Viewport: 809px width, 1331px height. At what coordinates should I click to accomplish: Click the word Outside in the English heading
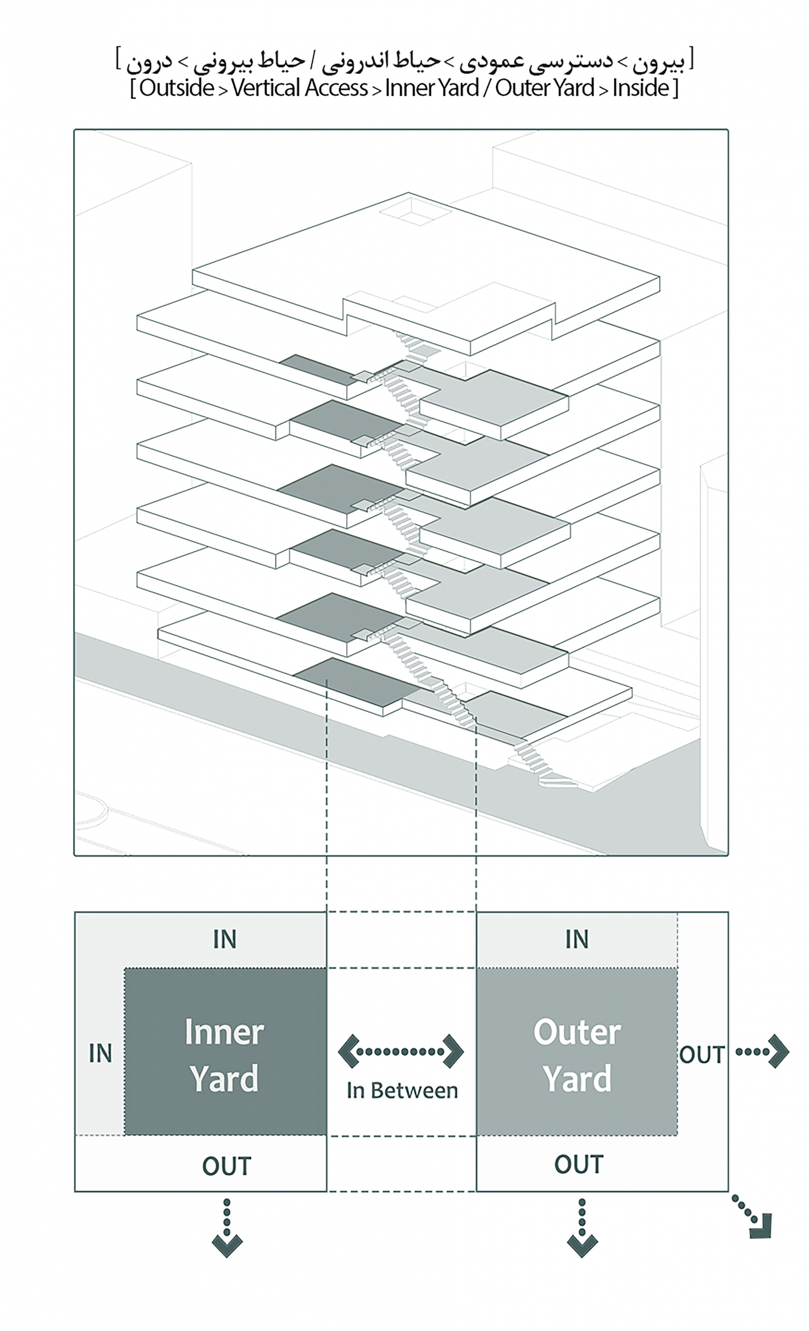[x=176, y=88]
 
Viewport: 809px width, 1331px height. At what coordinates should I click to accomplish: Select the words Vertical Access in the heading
[x=299, y=88]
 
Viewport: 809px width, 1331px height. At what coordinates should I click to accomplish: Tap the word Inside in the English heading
[x=640, y=88]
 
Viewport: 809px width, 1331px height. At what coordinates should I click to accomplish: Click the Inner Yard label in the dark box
[x=224, y=1055]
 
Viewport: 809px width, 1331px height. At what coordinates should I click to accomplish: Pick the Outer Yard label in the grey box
[x=576, y=1055]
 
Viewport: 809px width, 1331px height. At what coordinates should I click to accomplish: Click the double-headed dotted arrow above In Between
[x=401, y=1051]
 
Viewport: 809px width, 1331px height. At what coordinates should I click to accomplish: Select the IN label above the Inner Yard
[x=225, y=939]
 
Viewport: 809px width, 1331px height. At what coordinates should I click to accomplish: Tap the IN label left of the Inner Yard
[x=100, y=1053]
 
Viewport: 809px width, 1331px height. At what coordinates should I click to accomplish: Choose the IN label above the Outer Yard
[x=576, y=939]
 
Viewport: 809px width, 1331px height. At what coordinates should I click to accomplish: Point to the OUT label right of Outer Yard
[x=701, y=1054]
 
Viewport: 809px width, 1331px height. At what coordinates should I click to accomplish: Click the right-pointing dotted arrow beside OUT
[x=763, y=1051]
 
